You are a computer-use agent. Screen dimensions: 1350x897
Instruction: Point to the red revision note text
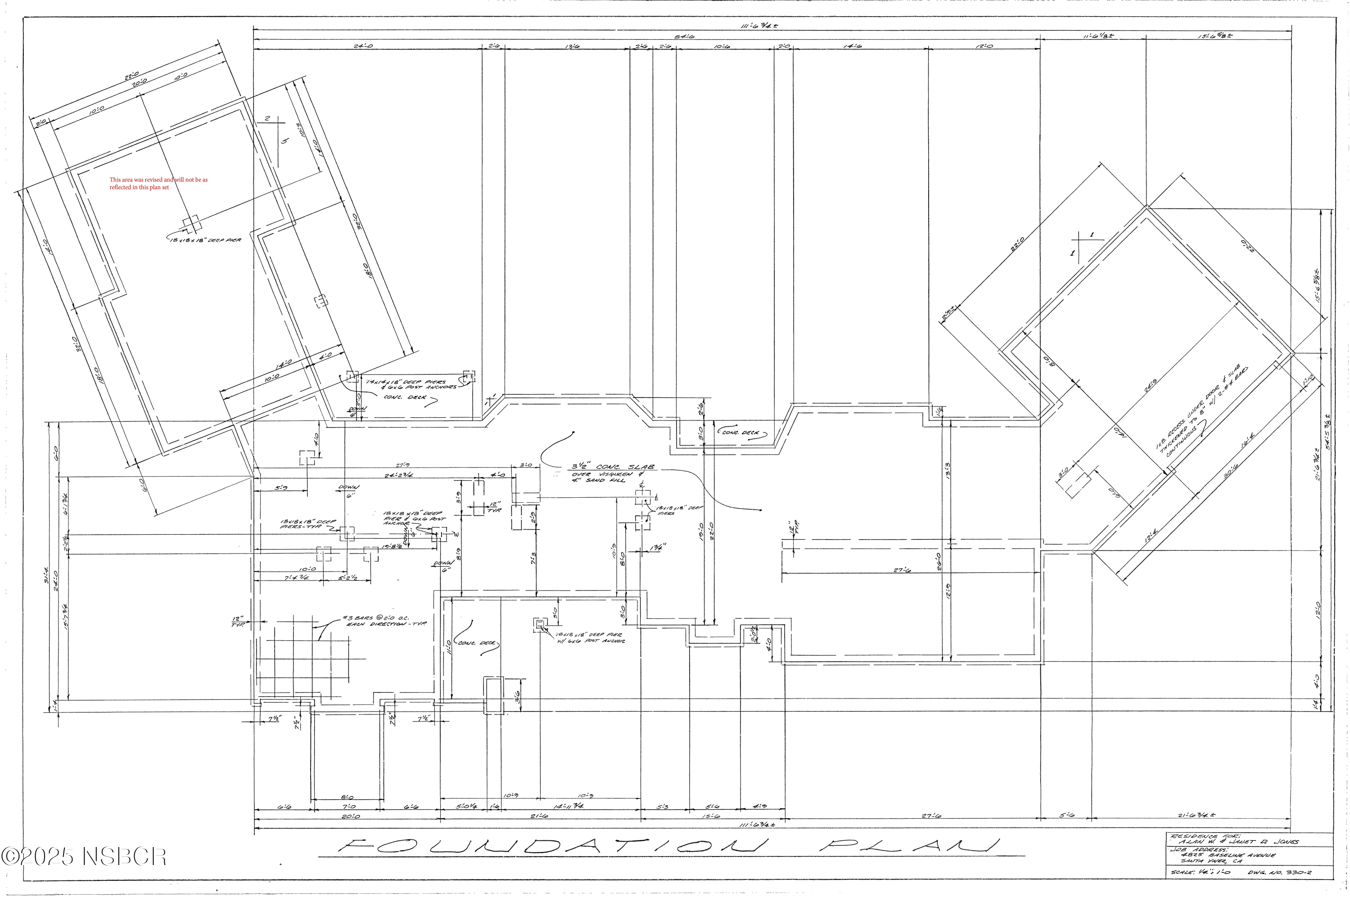[158, 183]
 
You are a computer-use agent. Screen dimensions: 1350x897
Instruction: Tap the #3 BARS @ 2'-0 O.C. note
[383, 621]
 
